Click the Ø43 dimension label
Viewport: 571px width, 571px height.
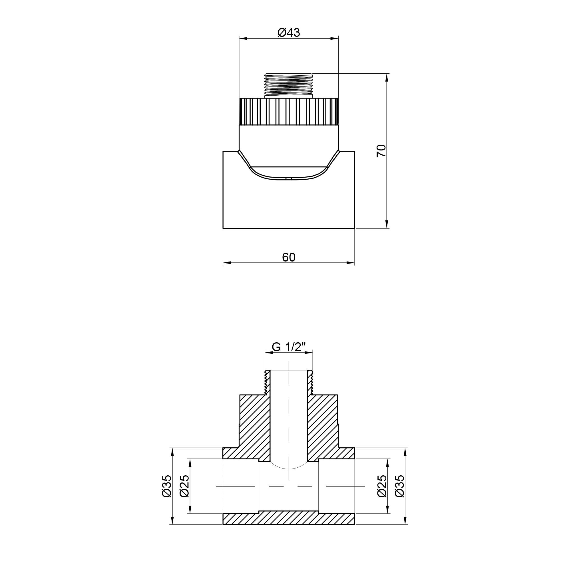tap(288, 33)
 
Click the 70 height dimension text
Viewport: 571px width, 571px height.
tap(381, 151)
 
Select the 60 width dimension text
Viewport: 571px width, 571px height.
tap(288, 257)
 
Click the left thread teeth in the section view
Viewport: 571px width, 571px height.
tap(267, 383)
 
